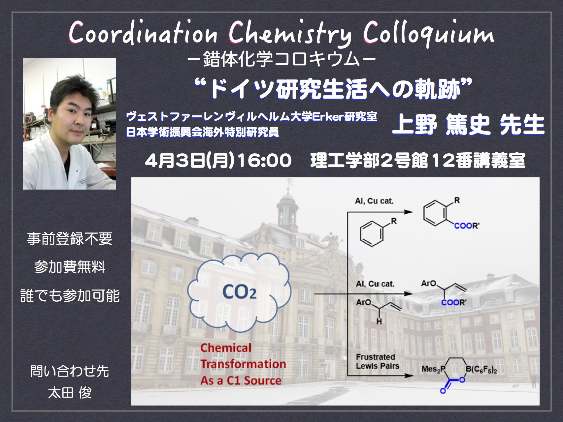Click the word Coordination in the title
(143, 33)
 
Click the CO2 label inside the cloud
(240, 291)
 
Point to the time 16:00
(264, 161)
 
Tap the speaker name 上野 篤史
(441, 125)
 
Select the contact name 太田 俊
(70, 393)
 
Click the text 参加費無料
(70, 267)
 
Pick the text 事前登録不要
(70, 238)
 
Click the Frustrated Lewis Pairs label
(378, 361)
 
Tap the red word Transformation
(243, 364)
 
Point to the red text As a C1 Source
(241, 380)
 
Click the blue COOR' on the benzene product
(467, 226)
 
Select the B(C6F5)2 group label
(481, 369)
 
